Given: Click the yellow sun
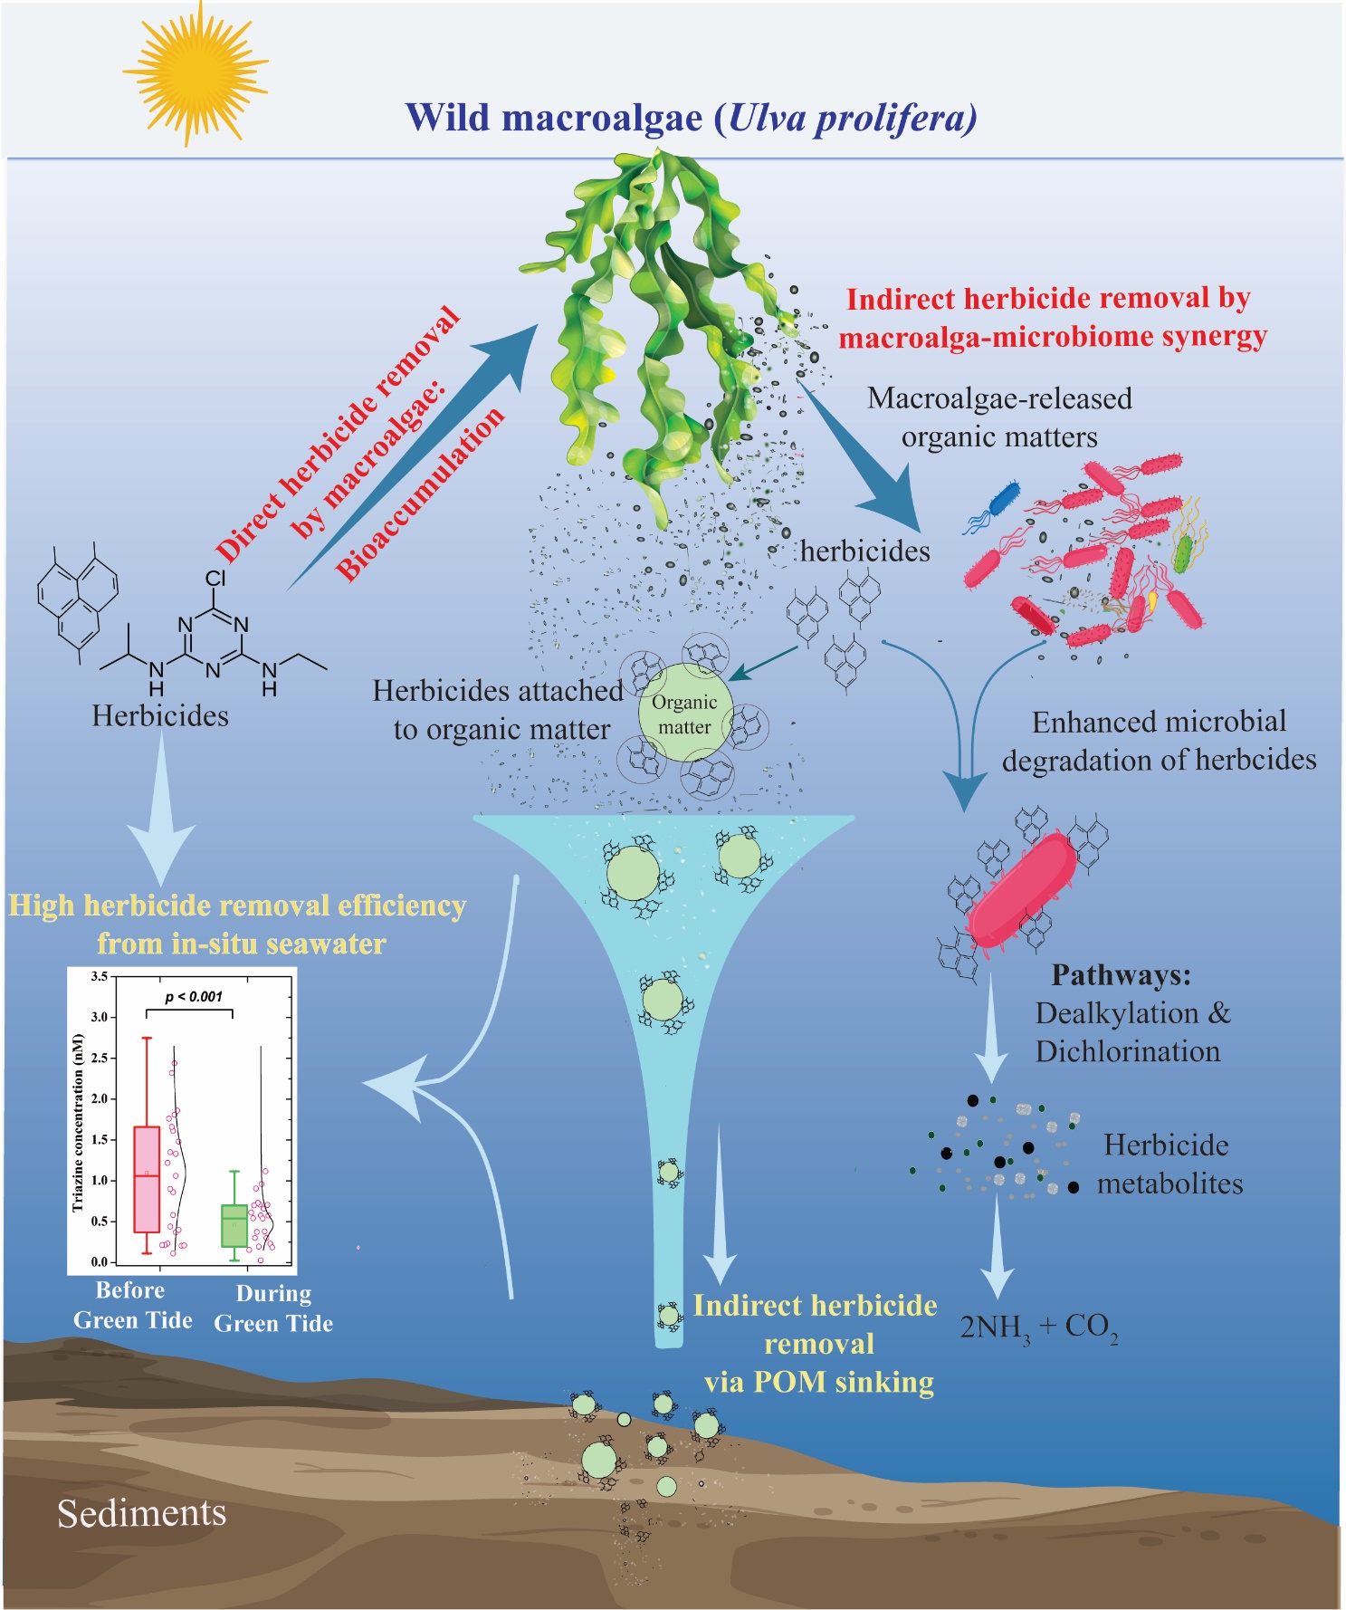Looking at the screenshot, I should tap(194, 72).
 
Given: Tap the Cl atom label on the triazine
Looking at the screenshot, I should tap(215, 578).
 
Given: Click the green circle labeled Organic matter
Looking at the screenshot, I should tap(684, 714).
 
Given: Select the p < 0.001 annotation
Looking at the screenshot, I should tap(193, 997).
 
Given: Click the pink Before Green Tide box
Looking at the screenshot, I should tap(147, 1179).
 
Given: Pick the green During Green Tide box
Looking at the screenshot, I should tap(234, 1225).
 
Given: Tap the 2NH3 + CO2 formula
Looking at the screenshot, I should tap(1038, 1327).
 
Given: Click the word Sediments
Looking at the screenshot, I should tap(141, 1513).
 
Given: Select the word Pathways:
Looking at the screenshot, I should tap(1121, 975).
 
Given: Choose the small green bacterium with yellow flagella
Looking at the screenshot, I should tap(1182, 552).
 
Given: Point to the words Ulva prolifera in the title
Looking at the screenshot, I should tap(850, 118).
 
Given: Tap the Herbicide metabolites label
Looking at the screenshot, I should tap(1169, 1164).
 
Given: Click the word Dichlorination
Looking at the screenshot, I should tap(1128, 1051).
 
